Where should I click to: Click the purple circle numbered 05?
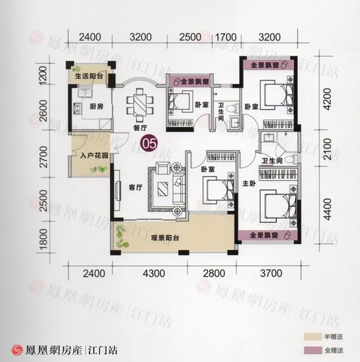(x=150, y=143)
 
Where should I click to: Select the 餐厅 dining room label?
(x=141, y=127)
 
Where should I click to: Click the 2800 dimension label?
(x=214, y=273)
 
